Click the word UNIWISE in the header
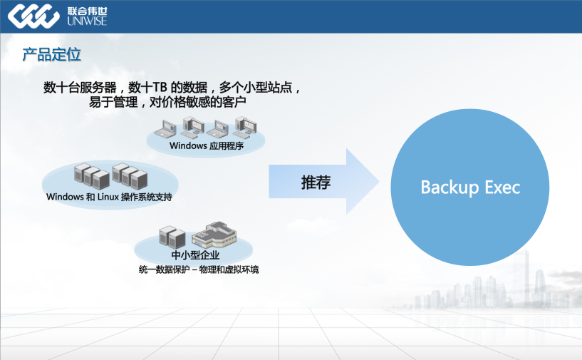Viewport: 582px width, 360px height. click(x=87, y=22)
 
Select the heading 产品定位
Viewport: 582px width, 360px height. click(x=51, y=55)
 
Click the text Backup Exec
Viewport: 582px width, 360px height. click(x=470, y=187)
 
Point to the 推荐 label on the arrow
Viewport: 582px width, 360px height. click(x=316, y=182)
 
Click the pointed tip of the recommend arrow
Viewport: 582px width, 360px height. click(x=377, y=182)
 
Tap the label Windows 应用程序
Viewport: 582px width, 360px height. click(x=207, y=146)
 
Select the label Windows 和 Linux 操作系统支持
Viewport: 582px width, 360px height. click(x=109, y=197)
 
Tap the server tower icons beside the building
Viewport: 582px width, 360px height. click(x=172, y=237)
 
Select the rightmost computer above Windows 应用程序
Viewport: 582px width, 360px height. click(x=246, y=127)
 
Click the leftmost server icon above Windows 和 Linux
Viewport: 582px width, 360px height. click(x=83, y=175)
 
